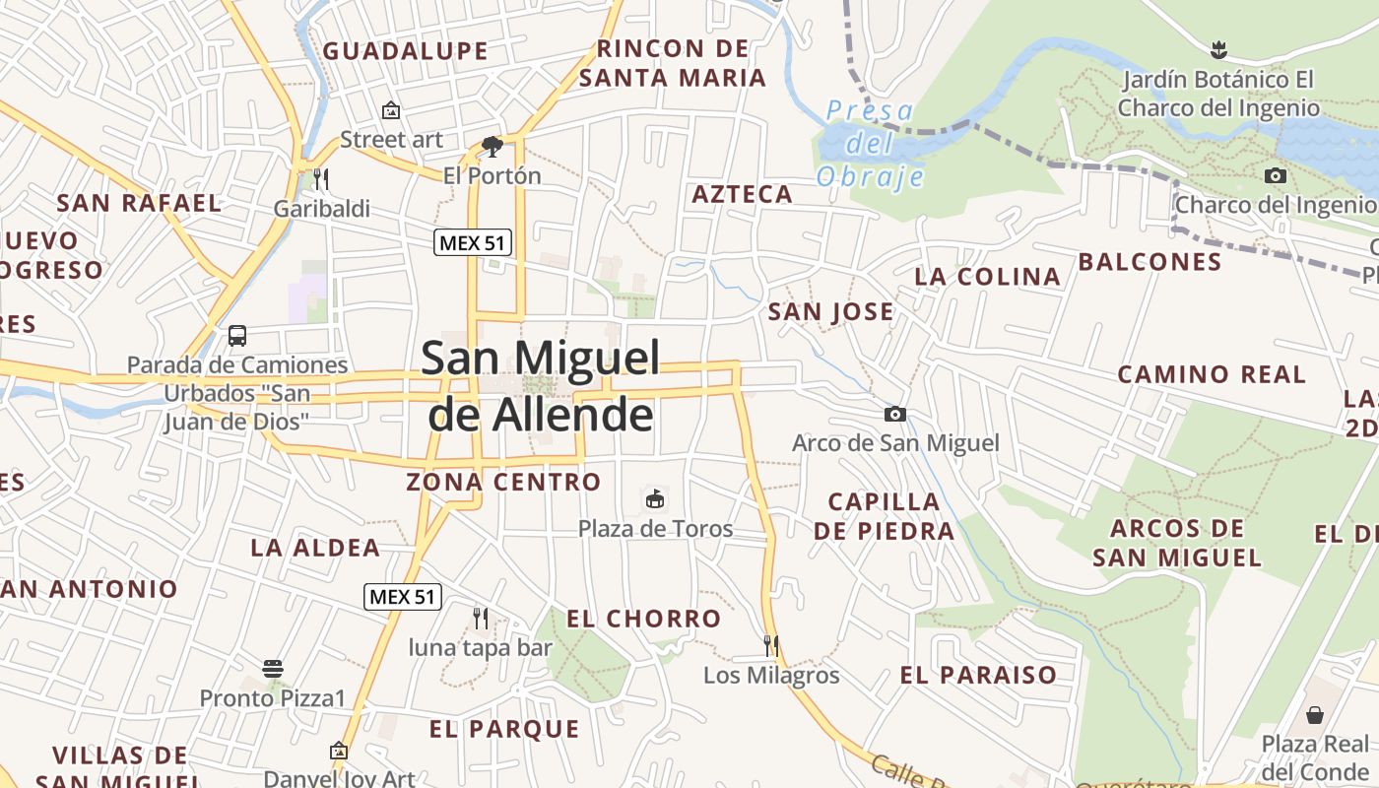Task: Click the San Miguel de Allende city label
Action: [x=542, y=385]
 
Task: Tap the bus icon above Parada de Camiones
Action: [x=237, y=335]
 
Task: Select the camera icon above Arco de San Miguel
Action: [x=895, y=414]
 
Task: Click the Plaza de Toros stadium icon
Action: [x=655, y=498]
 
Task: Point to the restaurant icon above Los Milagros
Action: [x=771, y=646]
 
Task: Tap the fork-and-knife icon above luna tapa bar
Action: [x=481, y=619]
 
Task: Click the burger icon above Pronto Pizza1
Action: [x=274, y=669]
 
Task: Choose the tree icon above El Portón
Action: [x=492, y=147]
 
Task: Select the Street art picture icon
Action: [x=391, y=110]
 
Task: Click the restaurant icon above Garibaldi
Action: [x=321, y=178]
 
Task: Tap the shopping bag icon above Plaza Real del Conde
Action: [x=1315, y=714]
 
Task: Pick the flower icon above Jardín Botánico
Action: [x=1218, y=49]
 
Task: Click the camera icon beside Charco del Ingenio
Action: [x=1276, y=176]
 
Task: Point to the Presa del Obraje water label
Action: [x=871, y=144]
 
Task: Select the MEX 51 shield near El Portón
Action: [x=473, y=242]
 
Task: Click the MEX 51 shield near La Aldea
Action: [x=403, y=596]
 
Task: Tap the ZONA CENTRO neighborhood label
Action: [x=503, y=482]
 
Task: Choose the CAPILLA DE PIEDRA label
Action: [x=884, y=516]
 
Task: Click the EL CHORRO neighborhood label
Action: [x=644, y=619]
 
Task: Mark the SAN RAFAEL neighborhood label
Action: [x=139, y=203]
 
